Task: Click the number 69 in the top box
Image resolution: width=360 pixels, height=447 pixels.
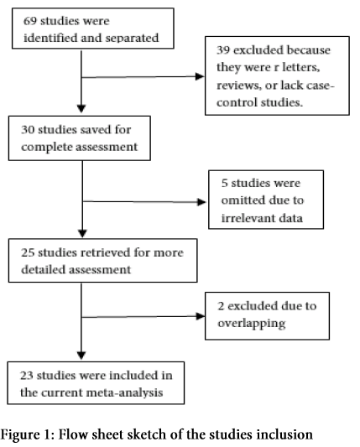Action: (x=30, y=21)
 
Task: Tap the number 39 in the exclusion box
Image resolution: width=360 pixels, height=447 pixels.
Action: (x=223, y=49)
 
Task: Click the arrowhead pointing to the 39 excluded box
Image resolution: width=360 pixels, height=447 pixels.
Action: (x=200, y=76)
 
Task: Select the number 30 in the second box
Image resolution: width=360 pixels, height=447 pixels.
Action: (x=28, y=130)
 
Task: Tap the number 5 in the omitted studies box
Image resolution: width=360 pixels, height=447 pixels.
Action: (x=225, y=183)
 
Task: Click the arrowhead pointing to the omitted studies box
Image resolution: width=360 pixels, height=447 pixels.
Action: (x=201, y=202)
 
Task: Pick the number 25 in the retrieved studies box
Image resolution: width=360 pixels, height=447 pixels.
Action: (x=28, y=252)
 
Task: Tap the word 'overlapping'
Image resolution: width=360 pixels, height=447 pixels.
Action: (x=251, y=324)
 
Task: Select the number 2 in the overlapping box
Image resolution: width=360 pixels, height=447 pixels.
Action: (x=221, y=306)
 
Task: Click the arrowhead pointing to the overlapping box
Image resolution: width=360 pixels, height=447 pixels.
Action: (x=201, y=316)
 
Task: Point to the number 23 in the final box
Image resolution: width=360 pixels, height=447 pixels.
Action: (x=27, y=376)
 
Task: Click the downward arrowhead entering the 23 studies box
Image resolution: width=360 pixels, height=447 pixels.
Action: (x=81, y=356)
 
